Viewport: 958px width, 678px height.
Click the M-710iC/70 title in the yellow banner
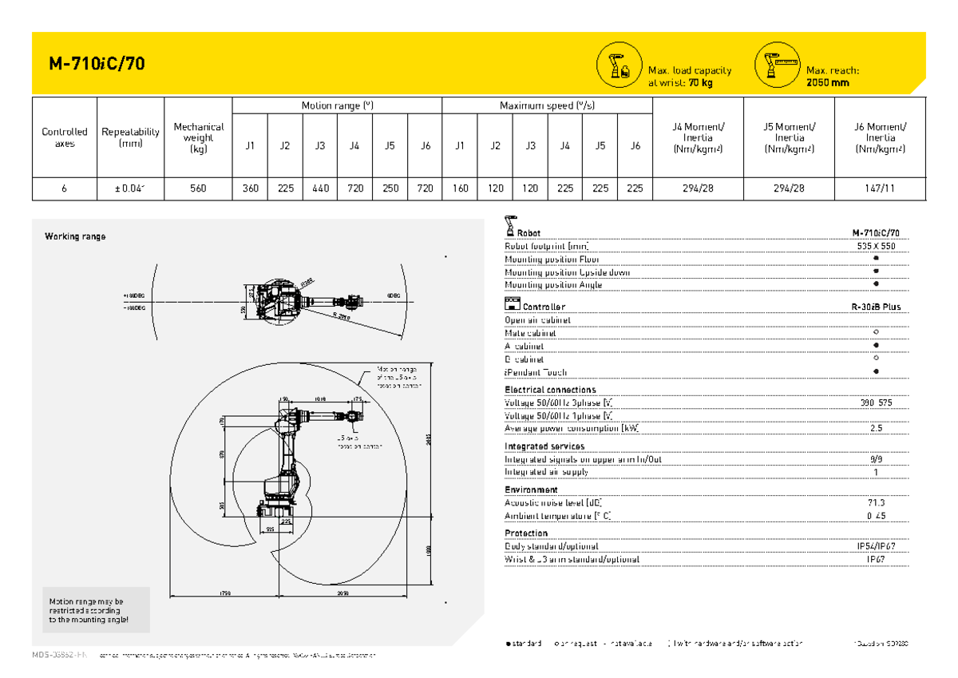pyautogui.click(x=97, y=64)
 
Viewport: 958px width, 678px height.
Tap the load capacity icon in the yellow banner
pyautogui.click(x=619, y=64)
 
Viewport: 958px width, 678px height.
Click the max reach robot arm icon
pyautogui.click(x=777, y=64)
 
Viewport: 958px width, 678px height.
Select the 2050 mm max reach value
pyautogui.click(x=828, y=82)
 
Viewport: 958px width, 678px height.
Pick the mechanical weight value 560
pyautogui.click(x=197, y=188)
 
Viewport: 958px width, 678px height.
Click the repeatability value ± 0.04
pyautogui.click(x=130, y=188)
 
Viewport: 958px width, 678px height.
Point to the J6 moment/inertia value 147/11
pyautogui.click(x=880, y=188)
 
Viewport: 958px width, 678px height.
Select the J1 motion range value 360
pyautogui.click(x=250, y=188)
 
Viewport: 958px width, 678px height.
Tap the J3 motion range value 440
pyautogui.click(x=320, y=188)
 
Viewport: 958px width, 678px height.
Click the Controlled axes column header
pyautogui.click(x=65, y=137)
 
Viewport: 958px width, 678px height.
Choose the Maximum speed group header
pyautogui.click(x=547, y=105)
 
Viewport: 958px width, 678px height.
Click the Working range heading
pyautogui.click(x=75, y=236)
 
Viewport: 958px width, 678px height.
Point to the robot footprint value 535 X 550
pyautogui.click(x=877, y=246)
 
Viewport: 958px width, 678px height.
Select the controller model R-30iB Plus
pyautogui.click(x=877, y=307)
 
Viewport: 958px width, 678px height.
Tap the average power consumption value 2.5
pyautogui.click(x=877, y=428)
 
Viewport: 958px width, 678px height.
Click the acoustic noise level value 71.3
pyautogui.click(x=877, y=503)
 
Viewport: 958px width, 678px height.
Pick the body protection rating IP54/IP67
pyautogui.click(x=877, y=546)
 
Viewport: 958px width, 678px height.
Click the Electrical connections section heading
pyautogui.click(x=550, y=390)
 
